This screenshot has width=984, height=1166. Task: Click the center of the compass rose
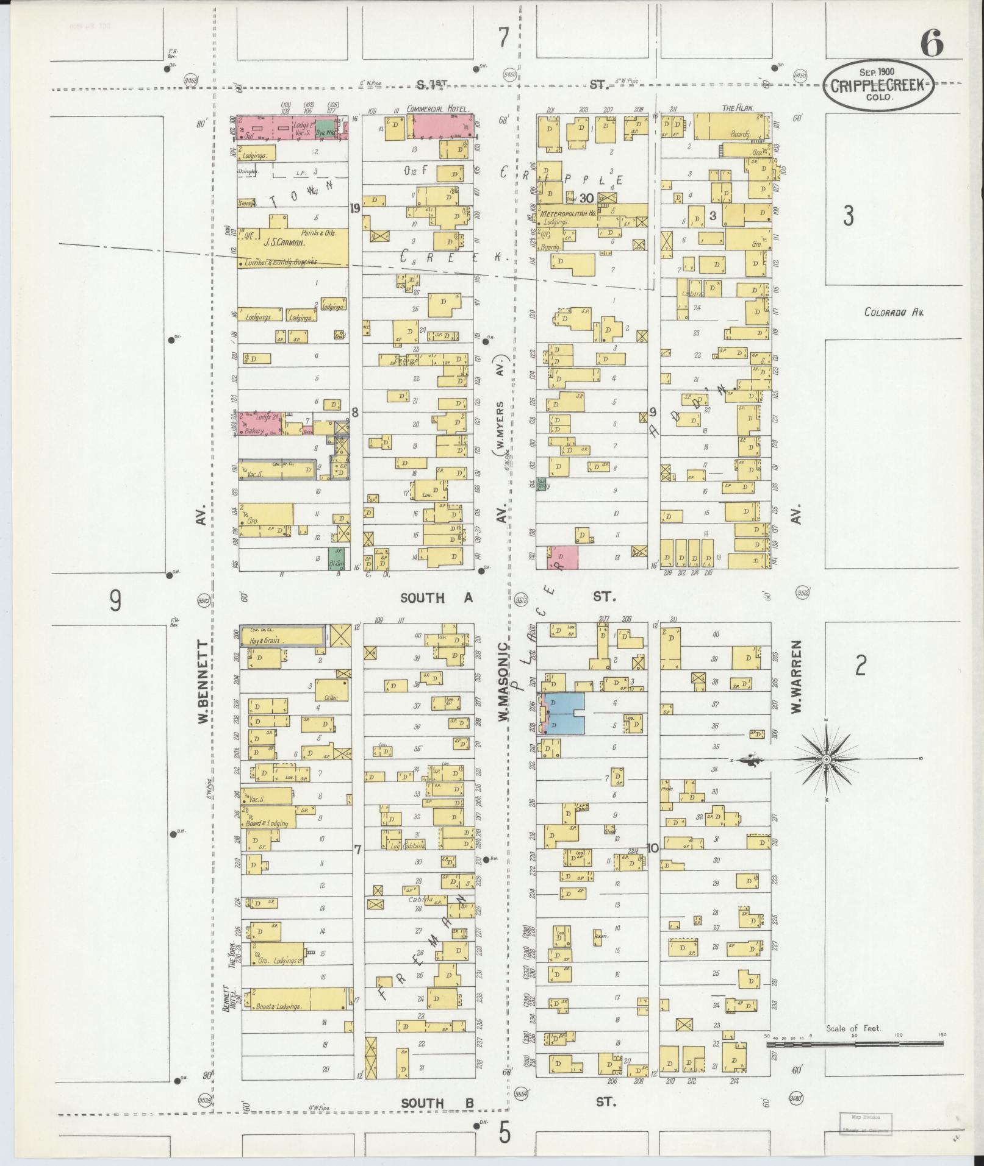[x=826, y=759]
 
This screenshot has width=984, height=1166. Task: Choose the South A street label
[x=436, y=598]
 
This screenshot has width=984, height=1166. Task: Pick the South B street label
[x=436, y=1103]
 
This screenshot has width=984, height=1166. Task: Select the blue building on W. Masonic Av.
[x=566, y=713]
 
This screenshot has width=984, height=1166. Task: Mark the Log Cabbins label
[x=408, y=846]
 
